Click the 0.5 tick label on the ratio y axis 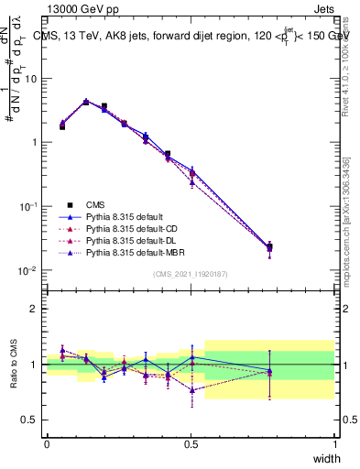(30, 421)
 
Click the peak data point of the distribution (86, 102)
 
